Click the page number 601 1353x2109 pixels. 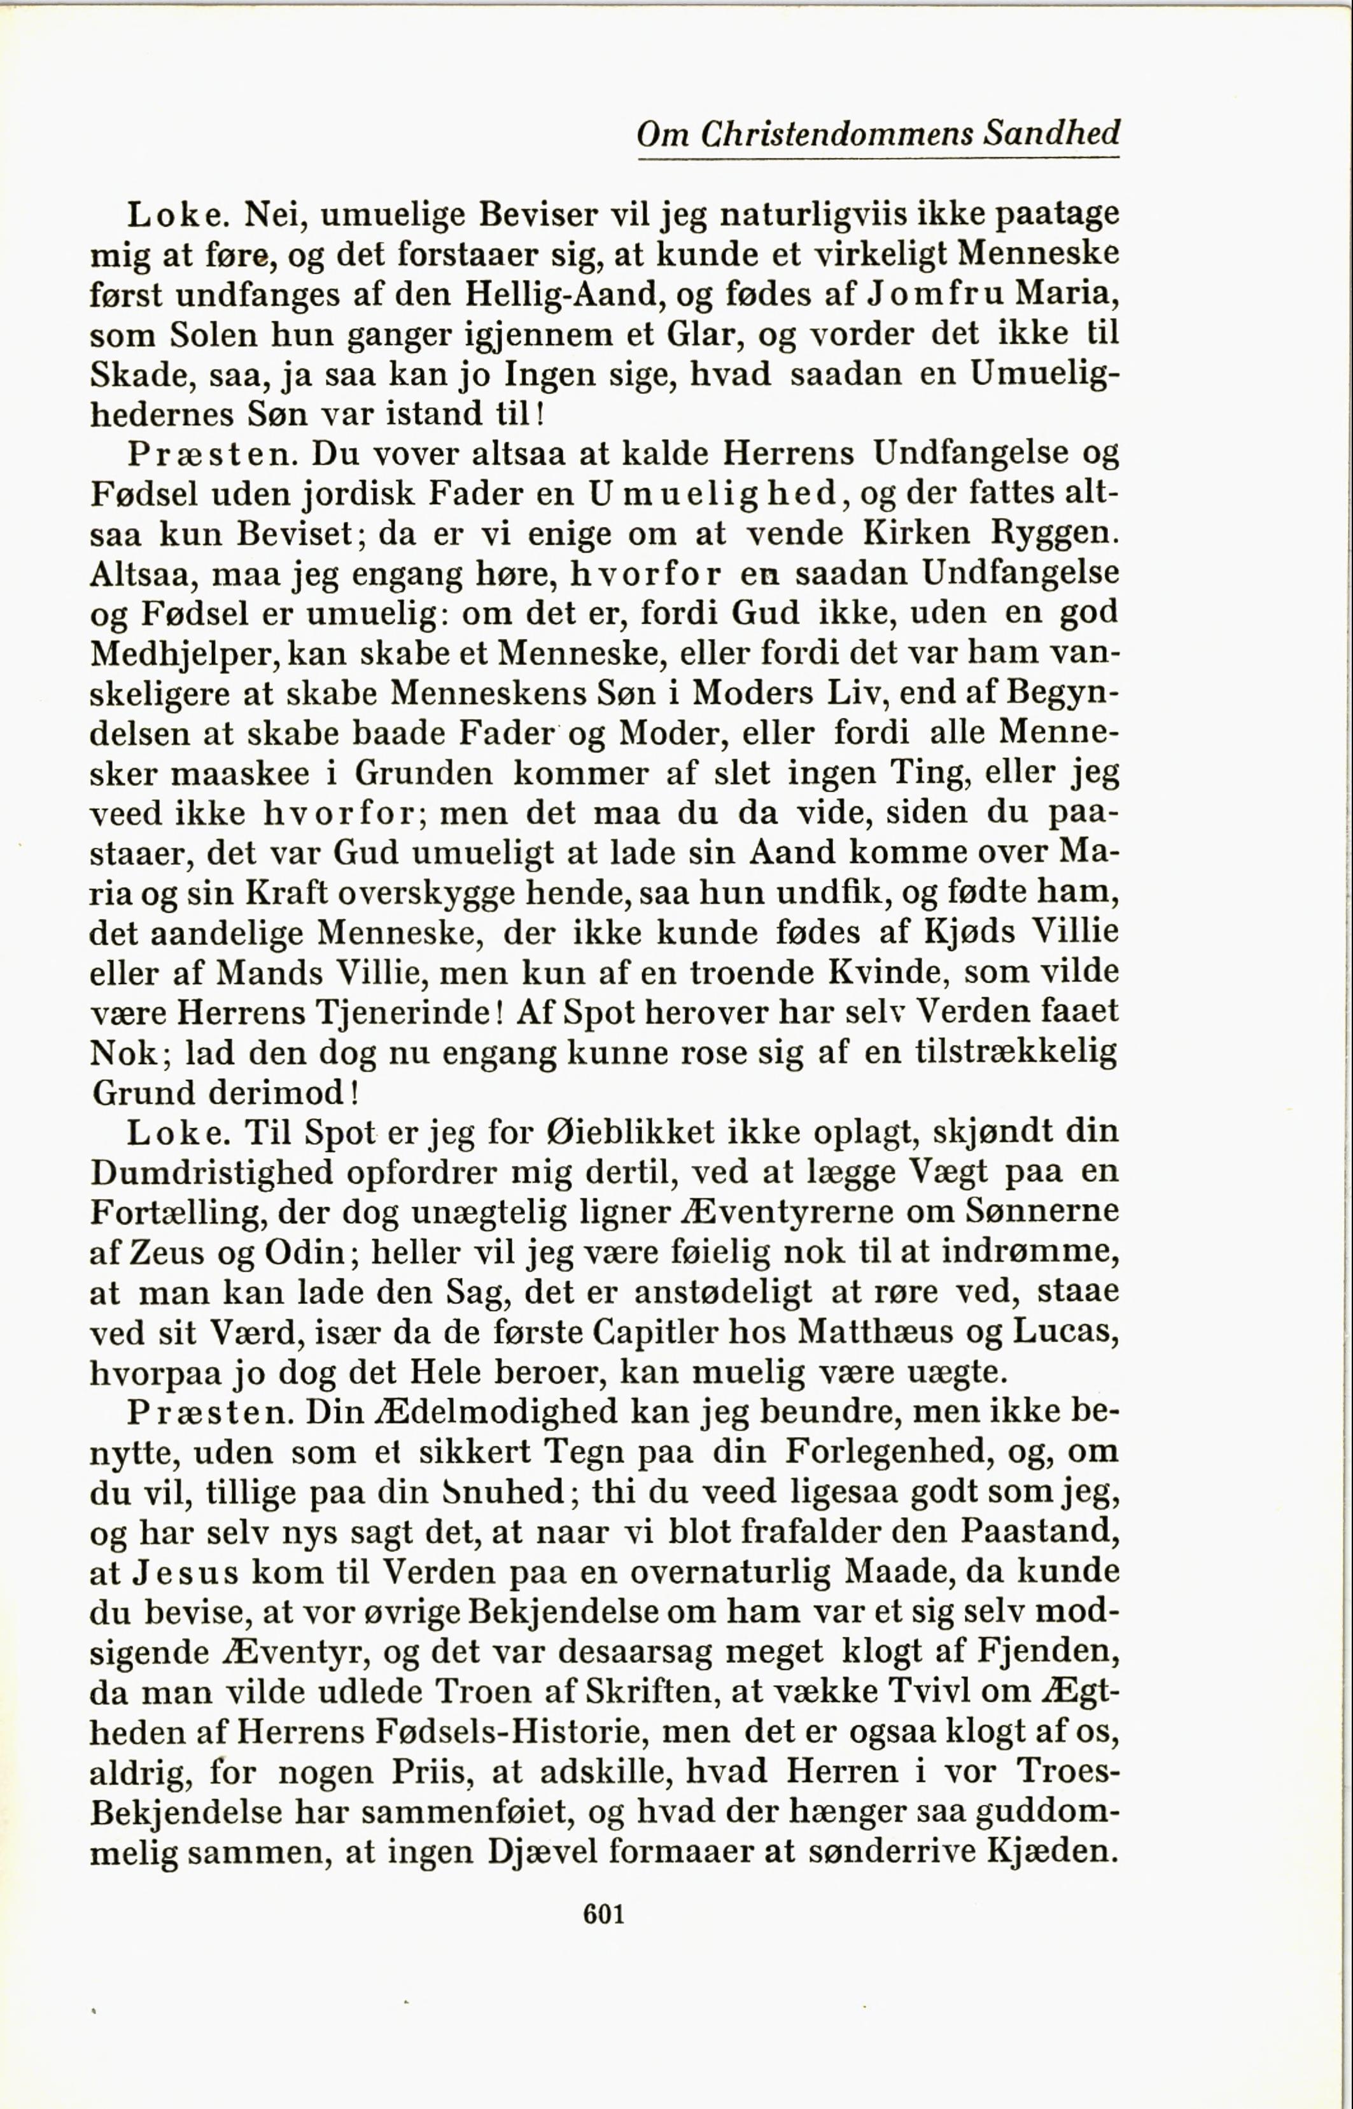[603, 1912]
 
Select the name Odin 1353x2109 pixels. [302, 1252]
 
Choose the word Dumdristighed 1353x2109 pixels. [212, 1173]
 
